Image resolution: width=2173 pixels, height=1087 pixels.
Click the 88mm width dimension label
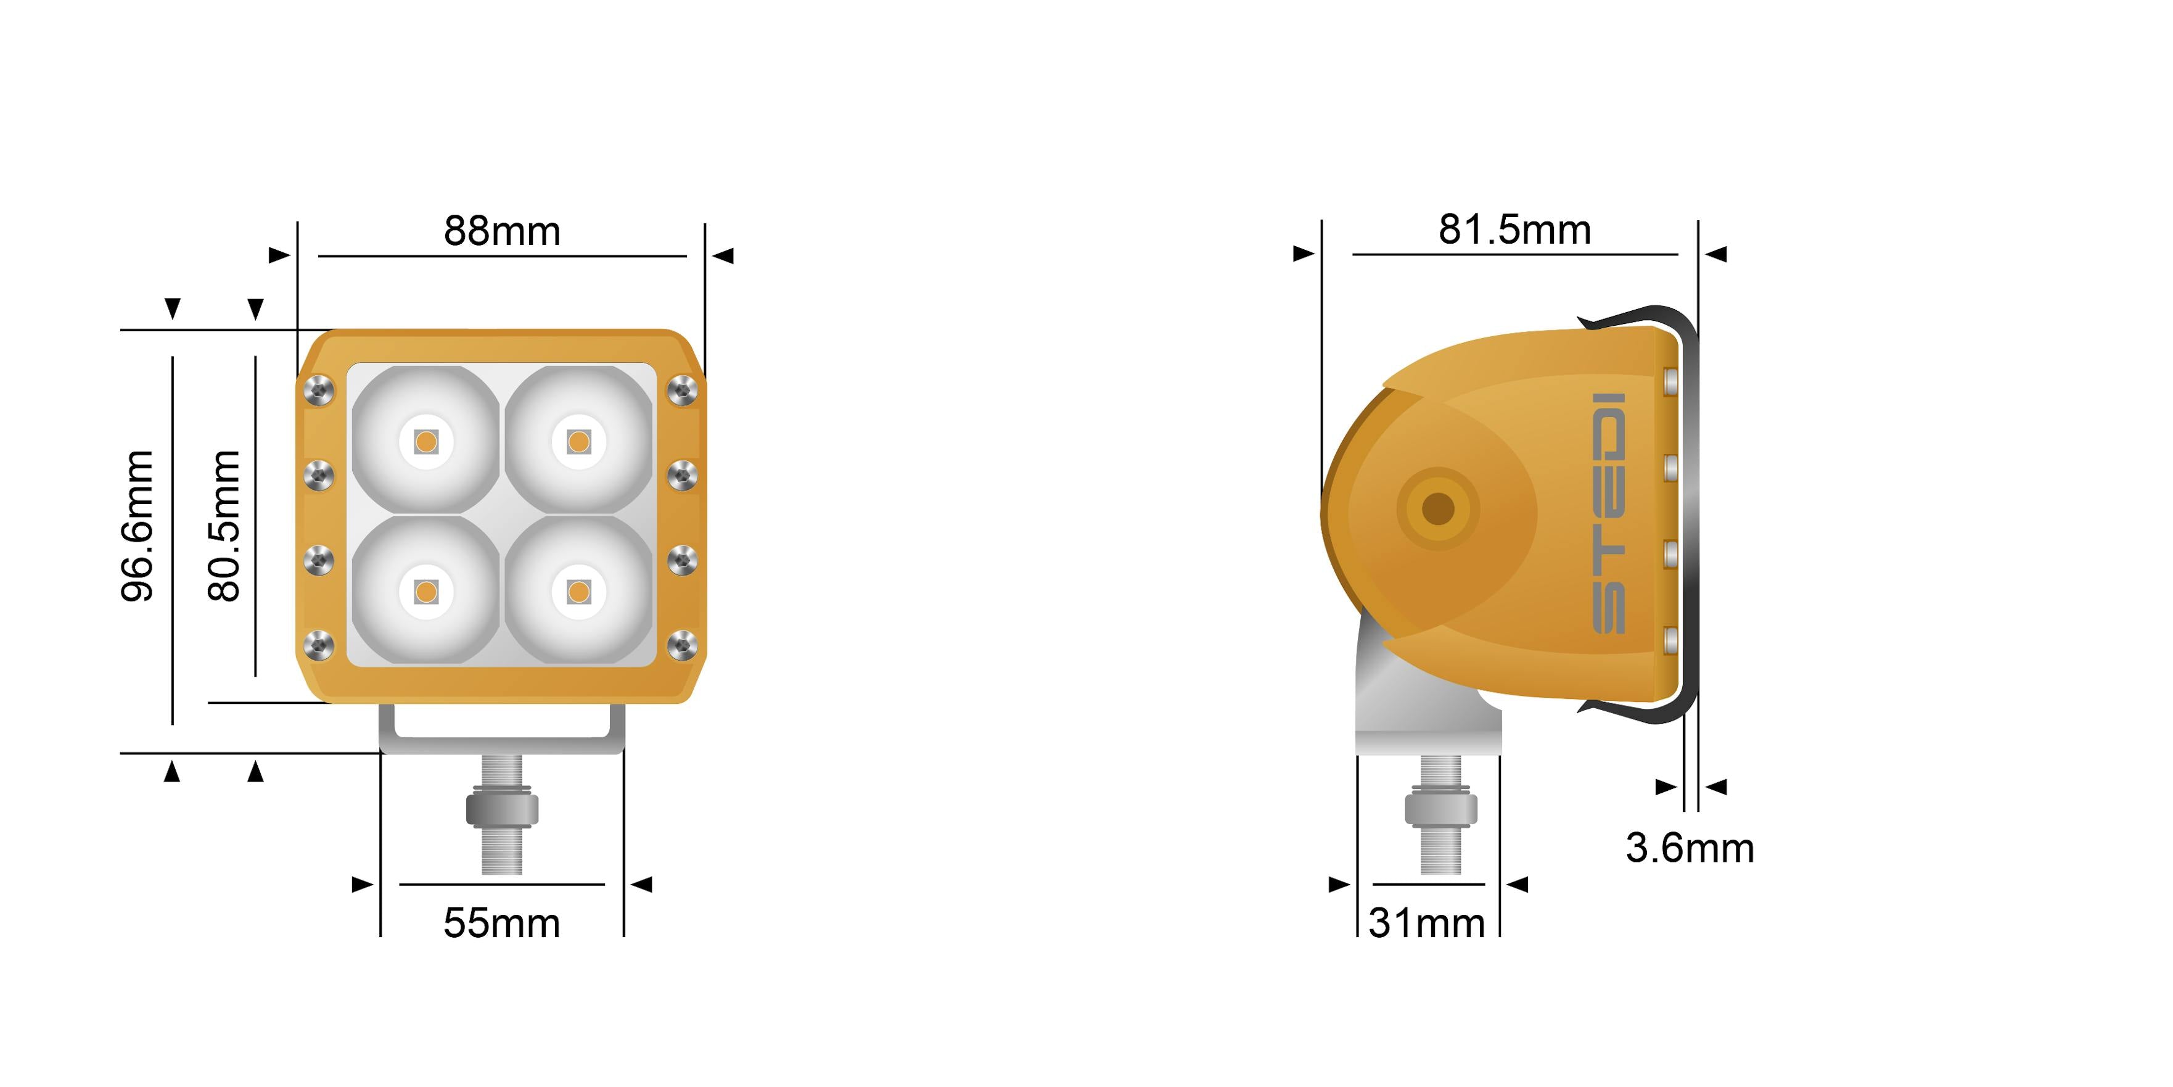pyautogui.click(x=502, y=231)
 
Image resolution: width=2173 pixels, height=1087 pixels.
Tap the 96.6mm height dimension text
pyautogui.click(x=138, y=526)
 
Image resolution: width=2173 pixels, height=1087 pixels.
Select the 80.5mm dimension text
pyautogui.click(x=224, y=526)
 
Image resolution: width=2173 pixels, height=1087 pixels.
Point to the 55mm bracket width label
pyautogui.click(x=502, y=922)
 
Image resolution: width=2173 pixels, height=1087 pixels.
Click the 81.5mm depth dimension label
pyautogui.click(x=1514, y=229)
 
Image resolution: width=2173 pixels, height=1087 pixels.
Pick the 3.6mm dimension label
pyautogui.click(x=1690, y=848)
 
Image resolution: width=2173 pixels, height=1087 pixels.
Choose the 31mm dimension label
pyautogui.click(x=1426, y=922)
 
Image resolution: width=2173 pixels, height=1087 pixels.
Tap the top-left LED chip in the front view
pyautogui.click(x=426, y=441)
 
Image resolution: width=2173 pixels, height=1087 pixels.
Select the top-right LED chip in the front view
pyautogui.click(x=578, y=441)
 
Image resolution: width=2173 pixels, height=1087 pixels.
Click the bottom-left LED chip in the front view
pyautogui.click(x=426, y=592)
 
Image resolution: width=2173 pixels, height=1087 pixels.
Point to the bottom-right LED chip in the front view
pyautogui.click(x=578, y=592)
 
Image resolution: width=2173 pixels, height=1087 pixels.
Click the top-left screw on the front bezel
pyautogui.click(x=319, y=390)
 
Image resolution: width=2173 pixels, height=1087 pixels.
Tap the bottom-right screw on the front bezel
pyautogui.click(x=681, y=647)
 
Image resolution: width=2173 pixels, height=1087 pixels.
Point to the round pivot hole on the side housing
pyautogui.click(x=1438, y=509)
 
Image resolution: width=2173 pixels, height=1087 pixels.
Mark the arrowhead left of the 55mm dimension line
pyautogui.click(x=363, y=885)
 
